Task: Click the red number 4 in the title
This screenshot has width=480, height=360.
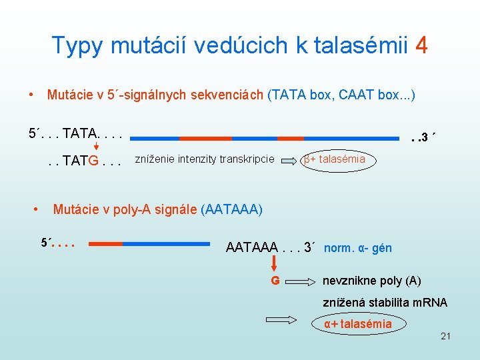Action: pos(421,45)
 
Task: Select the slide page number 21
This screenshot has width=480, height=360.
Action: pos(445,336)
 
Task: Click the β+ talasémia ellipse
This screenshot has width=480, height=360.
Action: pos(335,159)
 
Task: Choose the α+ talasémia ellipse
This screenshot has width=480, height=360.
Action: pos(358,325)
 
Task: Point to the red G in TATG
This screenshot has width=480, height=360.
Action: pos(95,161)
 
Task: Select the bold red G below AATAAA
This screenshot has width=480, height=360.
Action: pos(275,281)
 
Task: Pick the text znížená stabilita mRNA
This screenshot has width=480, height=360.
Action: pos(385,303)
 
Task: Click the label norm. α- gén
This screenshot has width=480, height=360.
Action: pos(358,249)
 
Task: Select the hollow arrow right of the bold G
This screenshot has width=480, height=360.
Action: pos(302,281)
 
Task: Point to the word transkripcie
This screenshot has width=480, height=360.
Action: pos(248,159)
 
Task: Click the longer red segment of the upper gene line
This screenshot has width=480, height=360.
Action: pos(205,138)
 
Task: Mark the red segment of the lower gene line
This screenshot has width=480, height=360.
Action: pos(104,243)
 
